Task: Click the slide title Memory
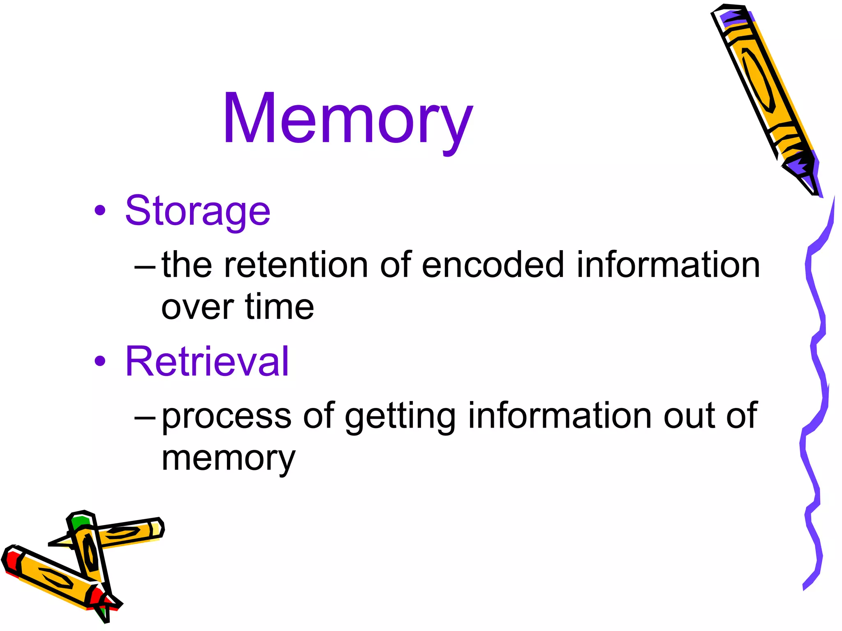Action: [347, 119]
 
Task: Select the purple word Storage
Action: [197, 211]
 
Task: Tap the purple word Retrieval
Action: [207, 361]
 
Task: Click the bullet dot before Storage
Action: [100, 211]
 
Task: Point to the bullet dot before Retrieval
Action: [100, 361]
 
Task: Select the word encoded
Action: [493, 265]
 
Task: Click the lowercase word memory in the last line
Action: [228, 458]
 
